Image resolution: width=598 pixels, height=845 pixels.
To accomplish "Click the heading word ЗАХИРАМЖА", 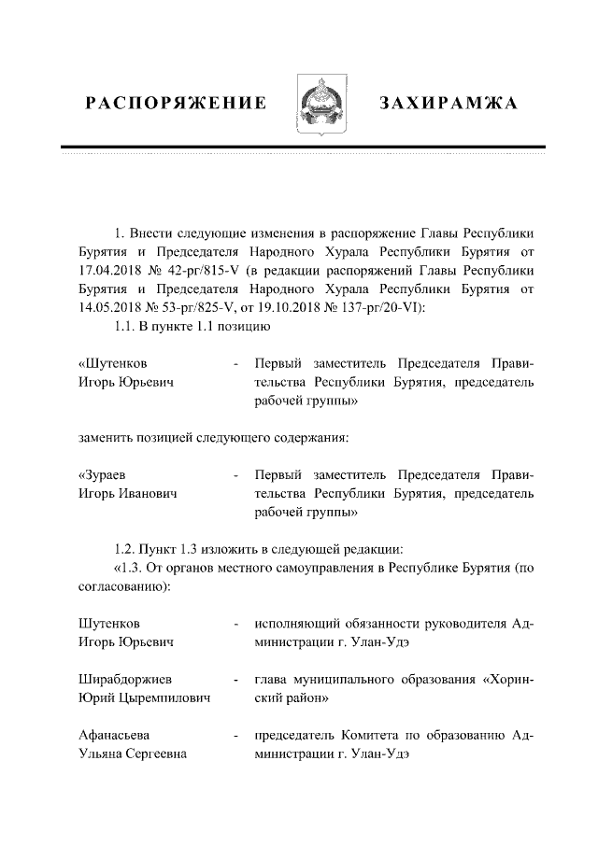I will (x=448, y=102).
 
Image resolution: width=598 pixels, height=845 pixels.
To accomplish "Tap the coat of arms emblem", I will (x=321, y=105).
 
